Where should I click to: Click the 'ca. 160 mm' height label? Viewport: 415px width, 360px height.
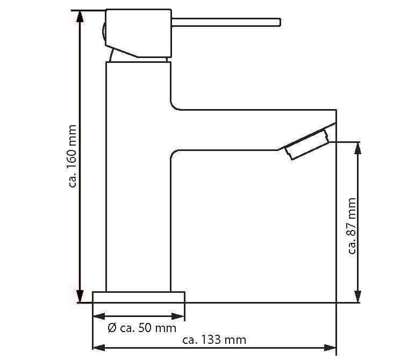72,156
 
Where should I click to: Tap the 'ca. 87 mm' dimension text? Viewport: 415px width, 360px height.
352,226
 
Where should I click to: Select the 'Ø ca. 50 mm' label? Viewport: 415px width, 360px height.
142,328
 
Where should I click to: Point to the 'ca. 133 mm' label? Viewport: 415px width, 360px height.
214,340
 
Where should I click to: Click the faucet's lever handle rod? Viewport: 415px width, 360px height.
226,22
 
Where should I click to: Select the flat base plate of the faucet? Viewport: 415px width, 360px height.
138,297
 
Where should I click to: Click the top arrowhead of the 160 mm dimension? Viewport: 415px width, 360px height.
80,17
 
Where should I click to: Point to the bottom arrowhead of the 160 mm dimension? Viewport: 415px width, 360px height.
80,296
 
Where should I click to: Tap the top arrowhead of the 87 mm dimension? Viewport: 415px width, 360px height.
358,148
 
